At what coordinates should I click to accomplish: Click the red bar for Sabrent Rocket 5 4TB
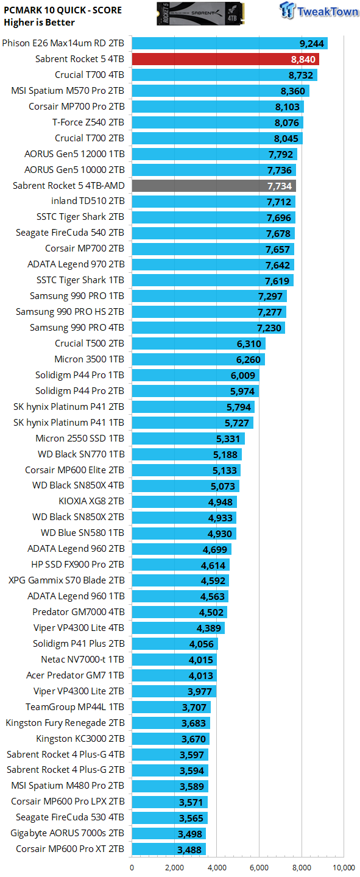tap(225, 59)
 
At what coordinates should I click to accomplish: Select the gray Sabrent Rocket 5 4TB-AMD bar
tap(213, 186)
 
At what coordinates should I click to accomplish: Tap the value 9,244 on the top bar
tap(311, 43)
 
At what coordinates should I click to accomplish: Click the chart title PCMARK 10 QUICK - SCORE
tap(62, 10)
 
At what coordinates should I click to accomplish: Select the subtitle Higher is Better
tap(39, 23)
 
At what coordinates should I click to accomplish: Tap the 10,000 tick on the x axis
tap(344, 868)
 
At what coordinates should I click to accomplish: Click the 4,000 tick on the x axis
tap(217, 868)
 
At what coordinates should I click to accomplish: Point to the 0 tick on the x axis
tap(132, 868)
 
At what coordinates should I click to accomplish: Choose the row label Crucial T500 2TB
tap(89, 343)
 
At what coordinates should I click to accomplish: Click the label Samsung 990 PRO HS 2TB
tap(70, 312)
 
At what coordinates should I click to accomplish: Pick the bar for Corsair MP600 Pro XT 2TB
tap(169, 849)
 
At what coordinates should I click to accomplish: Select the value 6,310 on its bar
tap(249, 343)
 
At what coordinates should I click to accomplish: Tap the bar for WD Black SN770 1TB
tap(186, 454)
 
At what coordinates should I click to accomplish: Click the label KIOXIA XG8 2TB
tap(91, 502)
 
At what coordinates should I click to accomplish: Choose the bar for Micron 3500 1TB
tap(198, 359)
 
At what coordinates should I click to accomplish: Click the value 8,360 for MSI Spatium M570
tap(292, 91)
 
